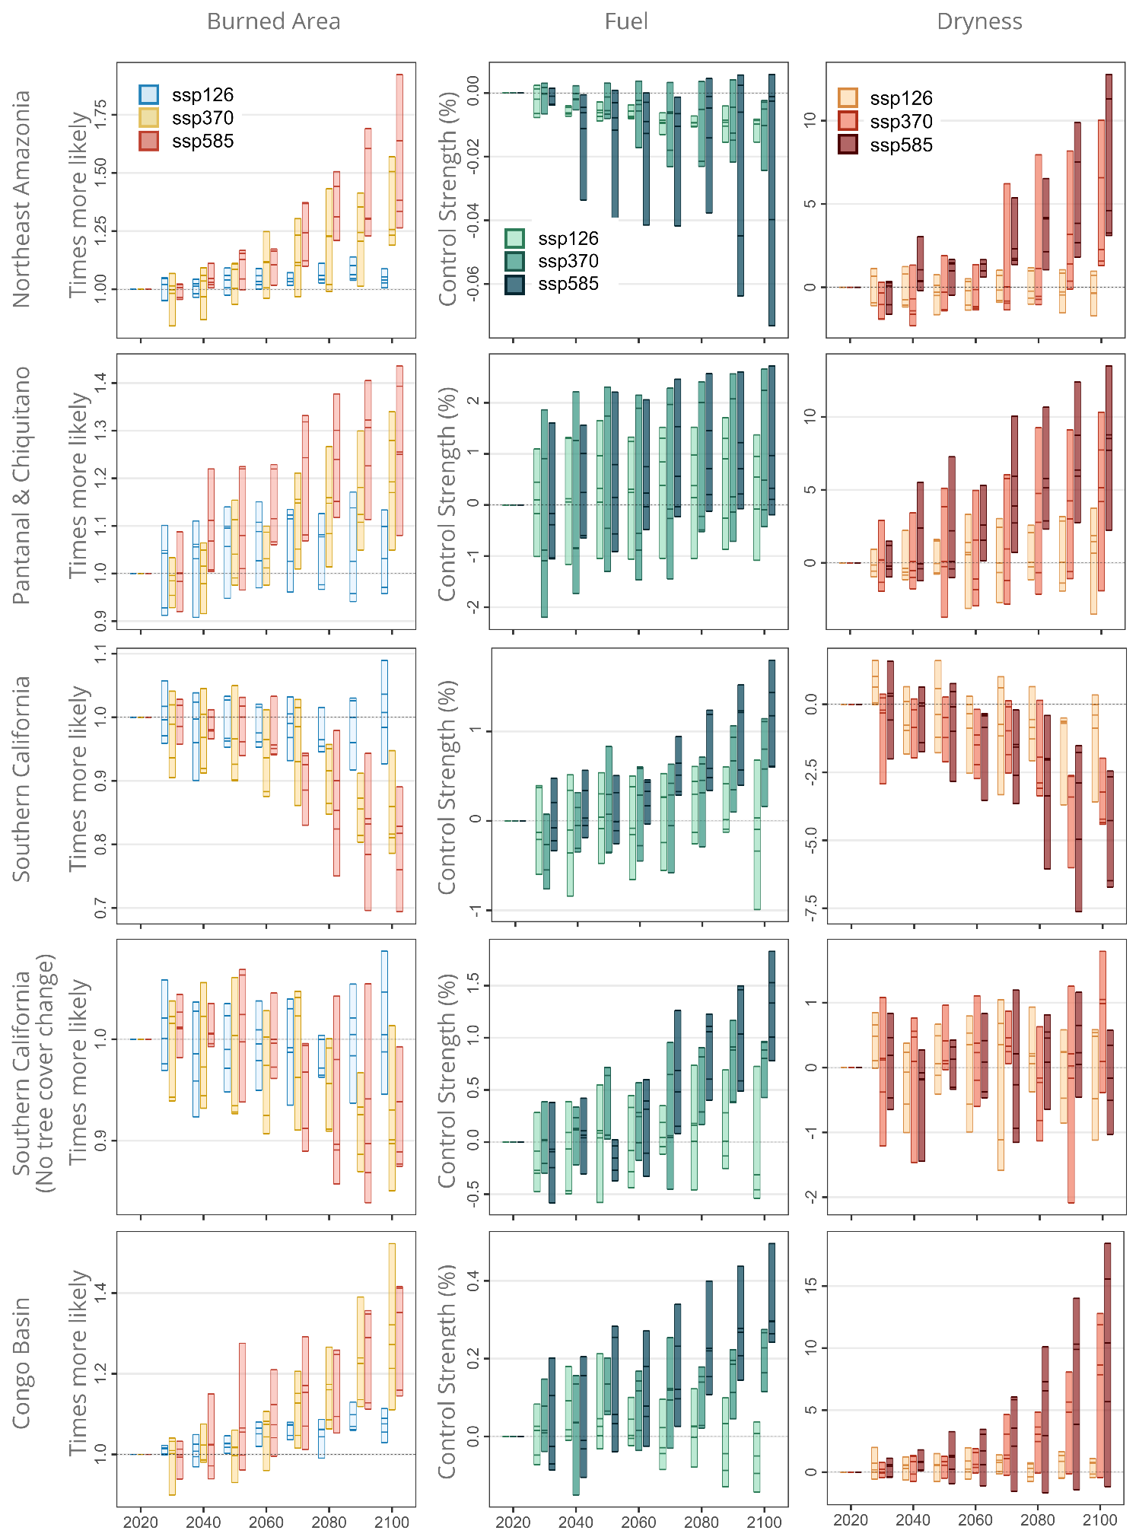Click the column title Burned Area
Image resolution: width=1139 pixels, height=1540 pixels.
click(273, 21)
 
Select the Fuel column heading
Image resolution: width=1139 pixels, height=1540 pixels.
click(626, 21)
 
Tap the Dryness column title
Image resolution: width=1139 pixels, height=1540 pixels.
click(979, 21)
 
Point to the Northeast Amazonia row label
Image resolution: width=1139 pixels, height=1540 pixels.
click(21, 199)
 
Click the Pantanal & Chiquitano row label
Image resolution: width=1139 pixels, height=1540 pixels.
click(21, 485)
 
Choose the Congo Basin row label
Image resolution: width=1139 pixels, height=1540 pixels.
click(21, 1363)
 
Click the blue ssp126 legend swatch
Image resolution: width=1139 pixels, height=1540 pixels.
click(149, 94)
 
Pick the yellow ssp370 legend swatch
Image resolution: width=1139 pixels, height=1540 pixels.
click(149, 118)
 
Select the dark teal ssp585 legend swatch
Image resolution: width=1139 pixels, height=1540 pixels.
click(515, 285)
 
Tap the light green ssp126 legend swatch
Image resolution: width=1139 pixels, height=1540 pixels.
click(515, 239)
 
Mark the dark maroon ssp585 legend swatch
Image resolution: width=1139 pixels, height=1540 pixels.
click(848, 145)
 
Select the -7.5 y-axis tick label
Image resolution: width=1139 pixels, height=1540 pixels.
click(811, 908)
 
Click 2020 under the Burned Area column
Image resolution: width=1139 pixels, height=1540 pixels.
click(140, 1522)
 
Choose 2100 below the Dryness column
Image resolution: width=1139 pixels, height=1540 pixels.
click(1099, 1520)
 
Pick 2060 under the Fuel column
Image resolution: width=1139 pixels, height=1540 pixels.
click(638, 1522)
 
